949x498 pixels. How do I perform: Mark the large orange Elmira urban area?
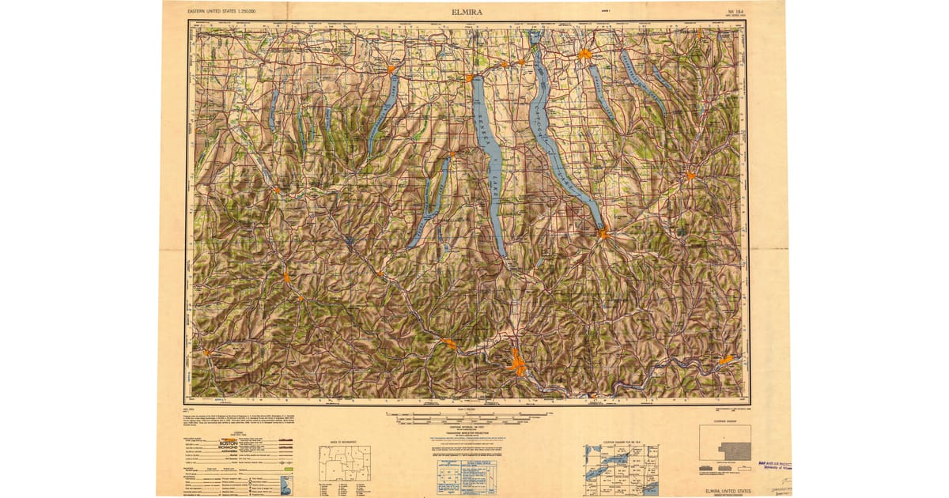[x=518, y=364]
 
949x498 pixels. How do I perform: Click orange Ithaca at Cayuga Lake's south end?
[x=603, y=233]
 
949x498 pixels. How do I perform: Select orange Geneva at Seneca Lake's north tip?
[x=470, y=78]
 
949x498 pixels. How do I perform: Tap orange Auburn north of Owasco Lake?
[x=584, y=55]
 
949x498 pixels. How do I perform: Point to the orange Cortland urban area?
[x=690, y=175]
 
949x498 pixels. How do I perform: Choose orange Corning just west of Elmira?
[x=449, y=343]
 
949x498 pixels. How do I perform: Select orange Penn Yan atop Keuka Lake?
[x=391, y=70]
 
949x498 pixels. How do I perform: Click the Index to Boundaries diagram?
[x=344, y=462]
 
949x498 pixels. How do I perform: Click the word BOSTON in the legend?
[x=227, y=444]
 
